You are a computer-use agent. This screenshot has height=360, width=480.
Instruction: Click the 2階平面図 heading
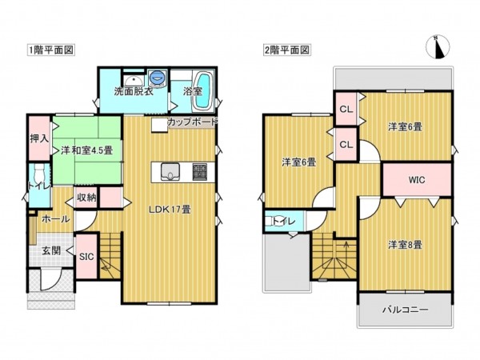[x=286, y=50]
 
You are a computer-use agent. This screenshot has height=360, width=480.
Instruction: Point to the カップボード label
[x=192, y=122]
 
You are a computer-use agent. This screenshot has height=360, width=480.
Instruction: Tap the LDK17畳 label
[x=170, y=210]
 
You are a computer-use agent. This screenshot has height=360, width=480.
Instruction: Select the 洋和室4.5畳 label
[x=86, y=150]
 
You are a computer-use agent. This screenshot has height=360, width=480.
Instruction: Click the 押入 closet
[x=38, y=139]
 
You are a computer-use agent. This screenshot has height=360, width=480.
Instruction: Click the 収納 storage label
[x=86, y=197]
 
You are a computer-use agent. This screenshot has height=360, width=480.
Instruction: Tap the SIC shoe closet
[x=87, y=256]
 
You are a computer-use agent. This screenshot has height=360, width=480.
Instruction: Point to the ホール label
[x=55, y=218]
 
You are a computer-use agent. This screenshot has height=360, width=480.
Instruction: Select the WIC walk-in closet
[x=416, y=179]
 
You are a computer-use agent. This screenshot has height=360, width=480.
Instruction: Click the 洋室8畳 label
[x=405, y=243]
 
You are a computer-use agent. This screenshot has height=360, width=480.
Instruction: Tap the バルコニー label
[x=405, y=309]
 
